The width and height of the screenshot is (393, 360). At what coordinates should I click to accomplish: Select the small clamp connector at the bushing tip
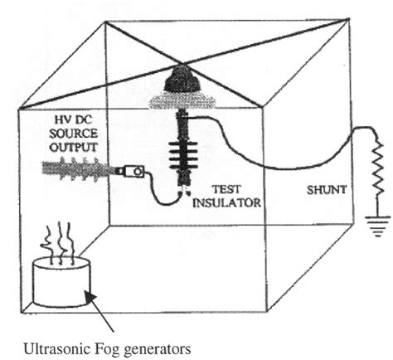pos(133,172)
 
